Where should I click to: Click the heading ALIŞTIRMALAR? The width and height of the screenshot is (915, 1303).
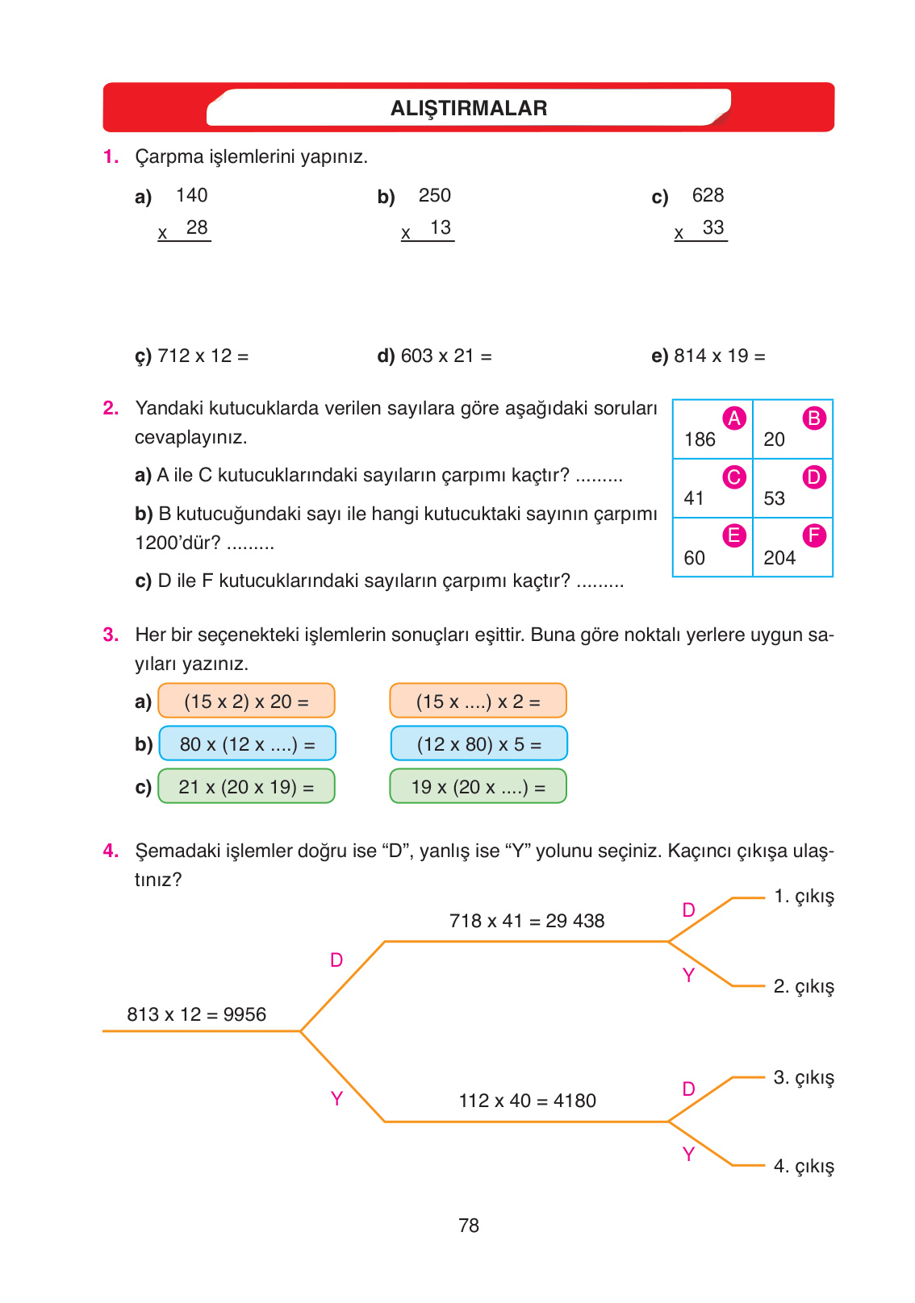(469, 108)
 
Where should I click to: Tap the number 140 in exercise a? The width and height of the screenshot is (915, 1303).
(191, 195)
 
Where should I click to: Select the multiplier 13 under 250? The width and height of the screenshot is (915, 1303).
(440, 227)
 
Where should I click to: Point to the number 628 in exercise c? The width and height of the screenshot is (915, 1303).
(708, 195)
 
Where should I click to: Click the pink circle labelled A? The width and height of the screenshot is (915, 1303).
(733, 418)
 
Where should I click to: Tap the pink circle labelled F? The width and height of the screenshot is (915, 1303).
(814, 535)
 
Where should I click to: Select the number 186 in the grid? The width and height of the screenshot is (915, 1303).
(700, 439)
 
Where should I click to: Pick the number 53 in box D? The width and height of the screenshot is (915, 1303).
(774, 498)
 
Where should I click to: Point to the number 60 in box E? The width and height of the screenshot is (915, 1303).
(694, 558)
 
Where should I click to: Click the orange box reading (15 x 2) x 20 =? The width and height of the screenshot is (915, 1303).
(246, 701)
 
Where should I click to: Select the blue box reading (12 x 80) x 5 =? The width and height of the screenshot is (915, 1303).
(478, 743)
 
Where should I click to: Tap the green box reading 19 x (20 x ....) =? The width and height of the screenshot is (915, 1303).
(478, 786)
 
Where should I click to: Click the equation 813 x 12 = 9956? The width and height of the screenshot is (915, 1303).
(196, 1014)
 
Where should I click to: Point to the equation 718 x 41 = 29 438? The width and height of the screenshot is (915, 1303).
(526, 921)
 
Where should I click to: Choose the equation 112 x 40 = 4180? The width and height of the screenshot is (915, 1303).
(527, 1101)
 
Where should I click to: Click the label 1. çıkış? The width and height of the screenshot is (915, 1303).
(803, 897)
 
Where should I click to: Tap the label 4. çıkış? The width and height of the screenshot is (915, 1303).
(803, 1166)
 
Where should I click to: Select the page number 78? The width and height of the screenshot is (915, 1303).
(469, 1226)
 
